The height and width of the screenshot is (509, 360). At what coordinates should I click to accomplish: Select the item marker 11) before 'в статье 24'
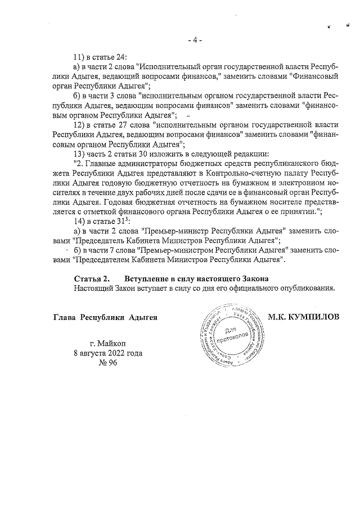80,57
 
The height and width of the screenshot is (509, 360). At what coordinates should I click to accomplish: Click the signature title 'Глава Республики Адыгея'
104,317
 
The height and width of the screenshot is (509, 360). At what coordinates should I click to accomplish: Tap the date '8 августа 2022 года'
107,353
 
